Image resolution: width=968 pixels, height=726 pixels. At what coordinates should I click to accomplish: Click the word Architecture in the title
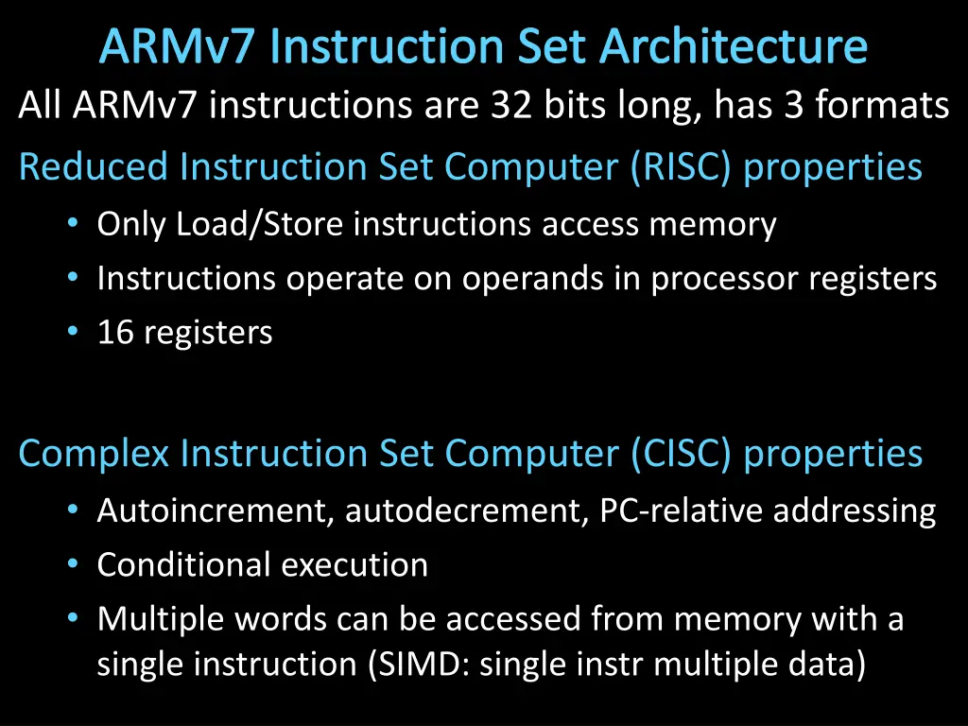pyautogui.click(x=734, y=46)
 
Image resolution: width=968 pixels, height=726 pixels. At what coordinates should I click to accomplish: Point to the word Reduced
pyautogui.click(x=94, y=166)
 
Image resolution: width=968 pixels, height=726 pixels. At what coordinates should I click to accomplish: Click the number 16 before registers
pyautogui.click(x=115, y=332)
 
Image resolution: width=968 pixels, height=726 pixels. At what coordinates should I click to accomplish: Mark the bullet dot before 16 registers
pyautogui.click(x=73, y=332)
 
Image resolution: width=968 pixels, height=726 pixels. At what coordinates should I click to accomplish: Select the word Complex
pyautogui.click(x=94, y=454)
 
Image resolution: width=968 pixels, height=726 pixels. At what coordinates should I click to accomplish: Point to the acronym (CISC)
pyautogui.click(x=682, y=454)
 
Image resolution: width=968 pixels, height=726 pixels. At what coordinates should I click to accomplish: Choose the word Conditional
pyautogui.click(x=184, y=565)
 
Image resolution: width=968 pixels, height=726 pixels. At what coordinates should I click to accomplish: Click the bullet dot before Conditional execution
pyautogui.click(x=73, y=563)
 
